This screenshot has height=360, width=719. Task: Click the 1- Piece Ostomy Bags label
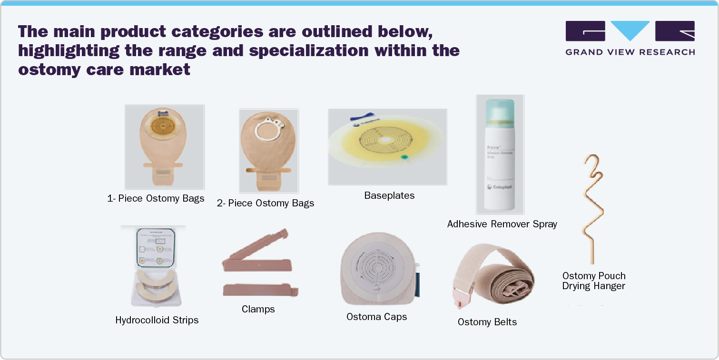tap(156, 198)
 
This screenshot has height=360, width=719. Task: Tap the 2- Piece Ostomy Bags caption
tap(266, 203)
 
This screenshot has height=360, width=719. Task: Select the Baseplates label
tap(389, 195)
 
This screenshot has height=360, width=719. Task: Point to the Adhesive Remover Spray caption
tap(502, 224)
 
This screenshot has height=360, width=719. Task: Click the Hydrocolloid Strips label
tap(157, 320)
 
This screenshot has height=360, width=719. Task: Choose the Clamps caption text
tap(258, 309)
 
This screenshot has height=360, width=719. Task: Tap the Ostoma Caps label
tap(376, 317)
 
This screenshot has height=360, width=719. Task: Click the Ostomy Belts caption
tap(487, 322)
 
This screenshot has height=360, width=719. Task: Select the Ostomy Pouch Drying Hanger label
tap(593, 281)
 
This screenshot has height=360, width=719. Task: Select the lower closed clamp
tap(259, 290)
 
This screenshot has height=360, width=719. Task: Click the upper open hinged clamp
tap(257, 252)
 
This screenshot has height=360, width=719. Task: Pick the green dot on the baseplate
tap(404, 157)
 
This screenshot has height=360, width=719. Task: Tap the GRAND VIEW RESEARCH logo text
tap(630, 52)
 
